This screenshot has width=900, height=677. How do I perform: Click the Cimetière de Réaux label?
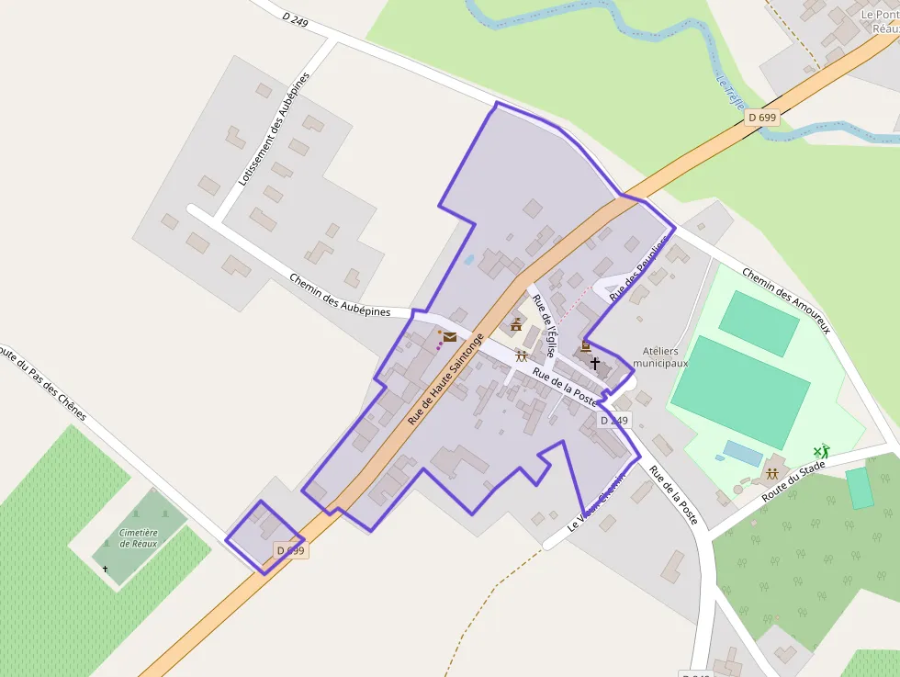click(139, 537)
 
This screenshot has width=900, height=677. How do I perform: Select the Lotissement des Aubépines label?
click(275, 129)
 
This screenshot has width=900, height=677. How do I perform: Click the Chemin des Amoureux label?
click(785, 300)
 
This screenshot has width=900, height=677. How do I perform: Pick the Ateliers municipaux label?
click(666, 357)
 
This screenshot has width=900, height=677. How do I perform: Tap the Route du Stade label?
click(793, 482)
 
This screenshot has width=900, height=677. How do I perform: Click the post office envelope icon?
click(450, 337)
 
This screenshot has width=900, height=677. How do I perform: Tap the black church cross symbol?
click(595, 364)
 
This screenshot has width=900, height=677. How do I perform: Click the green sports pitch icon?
click(821, 451)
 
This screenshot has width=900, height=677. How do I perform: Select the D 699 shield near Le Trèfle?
click(762, 118)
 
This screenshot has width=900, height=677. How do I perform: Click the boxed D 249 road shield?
click(614, 421)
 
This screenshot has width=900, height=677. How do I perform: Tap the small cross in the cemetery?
click(105, 570)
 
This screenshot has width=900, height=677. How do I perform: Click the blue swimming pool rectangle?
click(743, 453)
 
